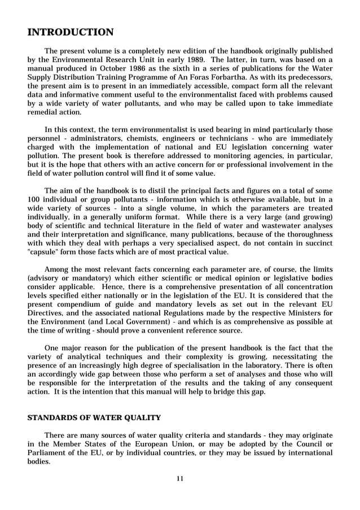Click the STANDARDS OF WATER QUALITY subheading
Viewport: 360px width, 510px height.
click(94, 418)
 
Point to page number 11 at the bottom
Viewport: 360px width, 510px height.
click(180, 479)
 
